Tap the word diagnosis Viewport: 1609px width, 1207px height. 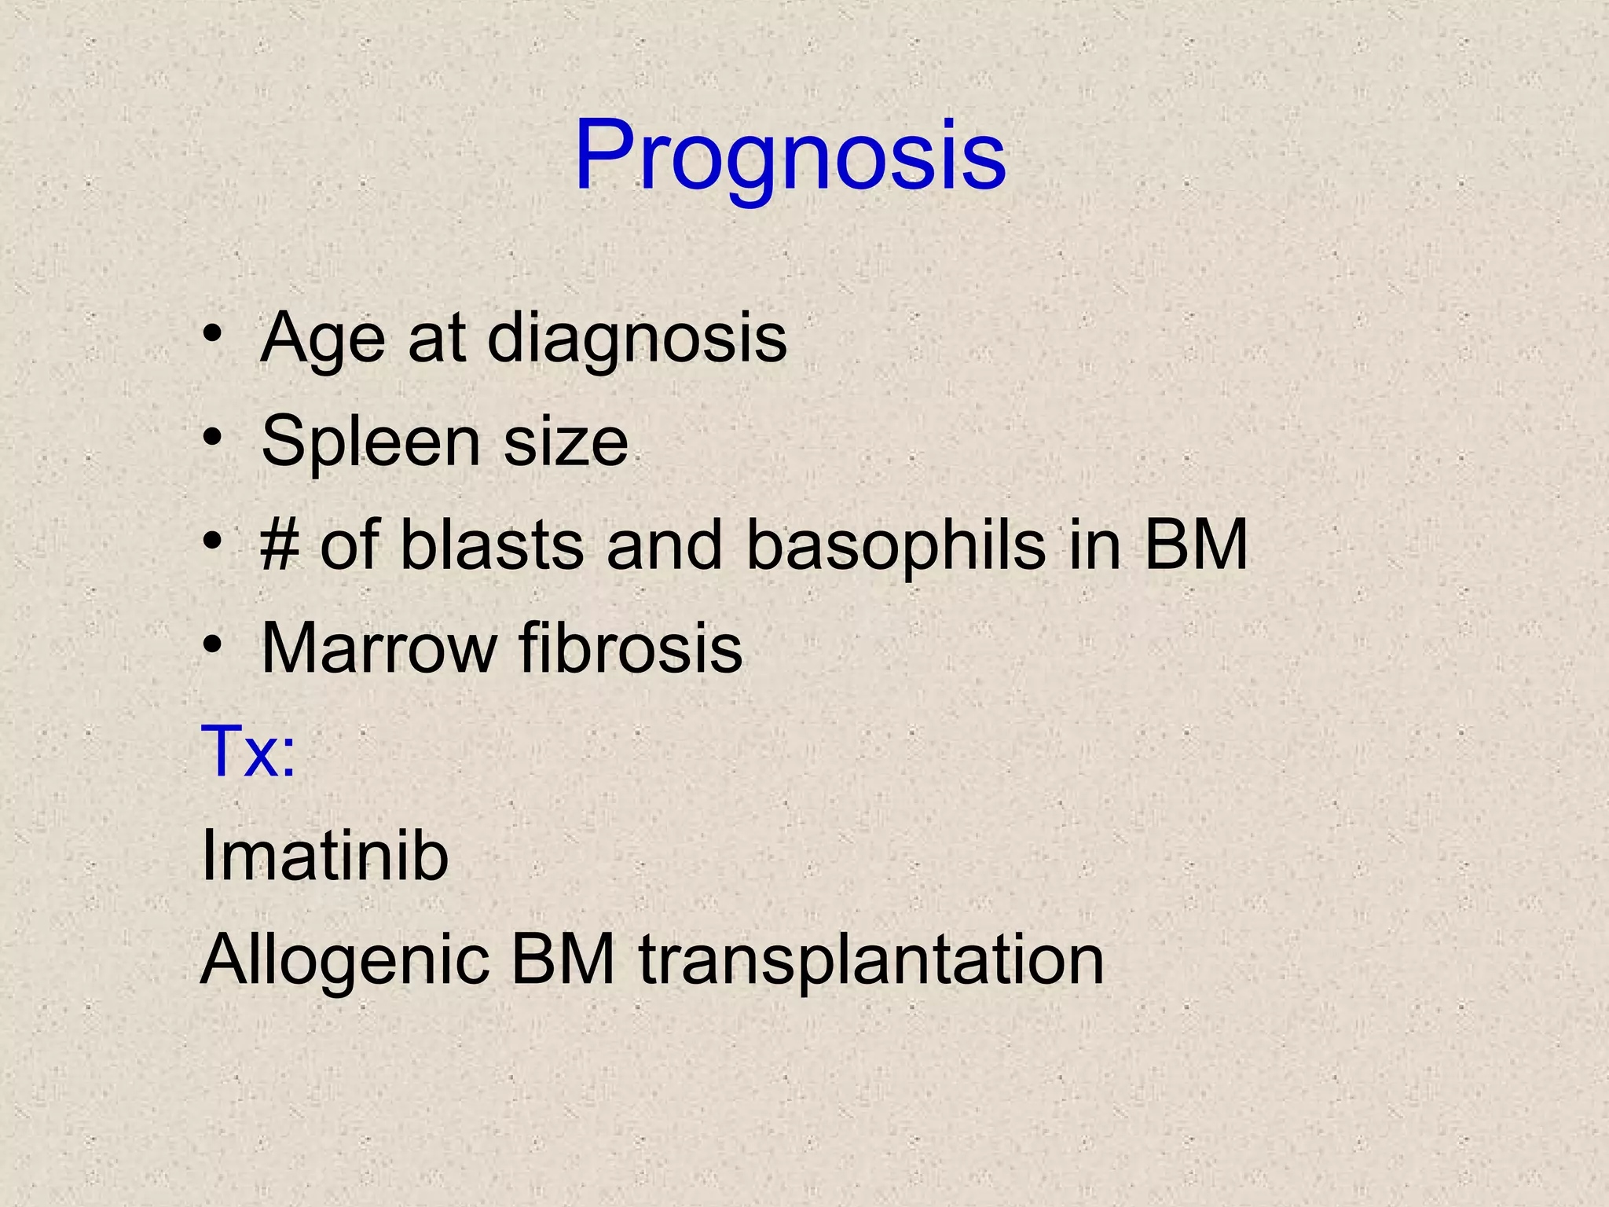point(636,339)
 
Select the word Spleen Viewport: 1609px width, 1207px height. point(369,442)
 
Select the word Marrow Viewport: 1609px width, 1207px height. point(379,648)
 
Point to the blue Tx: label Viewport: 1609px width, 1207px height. point(248,752)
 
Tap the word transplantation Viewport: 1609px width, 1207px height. point(871,959)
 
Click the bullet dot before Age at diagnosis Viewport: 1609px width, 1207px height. point(211,336)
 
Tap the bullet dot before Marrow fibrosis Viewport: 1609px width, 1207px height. point(211,645)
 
